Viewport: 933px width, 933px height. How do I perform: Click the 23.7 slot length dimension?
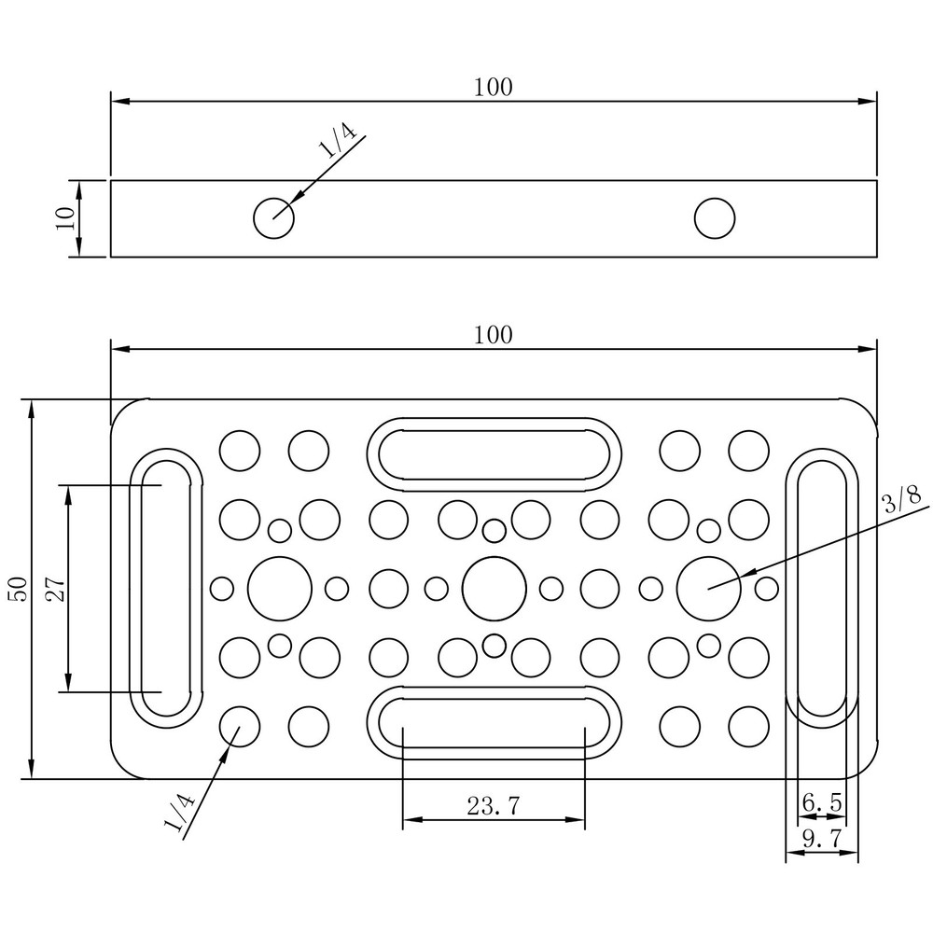click(x=494, y=806)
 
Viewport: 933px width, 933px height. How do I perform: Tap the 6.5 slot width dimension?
click(x=822, y=802)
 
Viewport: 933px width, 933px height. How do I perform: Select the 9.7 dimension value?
click(x=822, y=839)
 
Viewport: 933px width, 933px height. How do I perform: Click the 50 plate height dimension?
click(x=19, y=589)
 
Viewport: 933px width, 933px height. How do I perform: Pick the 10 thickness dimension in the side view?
click(x=66, y=218)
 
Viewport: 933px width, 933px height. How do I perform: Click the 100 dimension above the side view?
click(x=494, y=88)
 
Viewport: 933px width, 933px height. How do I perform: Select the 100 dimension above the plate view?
click(x=494, y=336)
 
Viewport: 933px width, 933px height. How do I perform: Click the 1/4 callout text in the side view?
click(x=338, y=139)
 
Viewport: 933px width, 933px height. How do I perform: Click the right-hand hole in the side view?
click(x=715, y=218)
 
